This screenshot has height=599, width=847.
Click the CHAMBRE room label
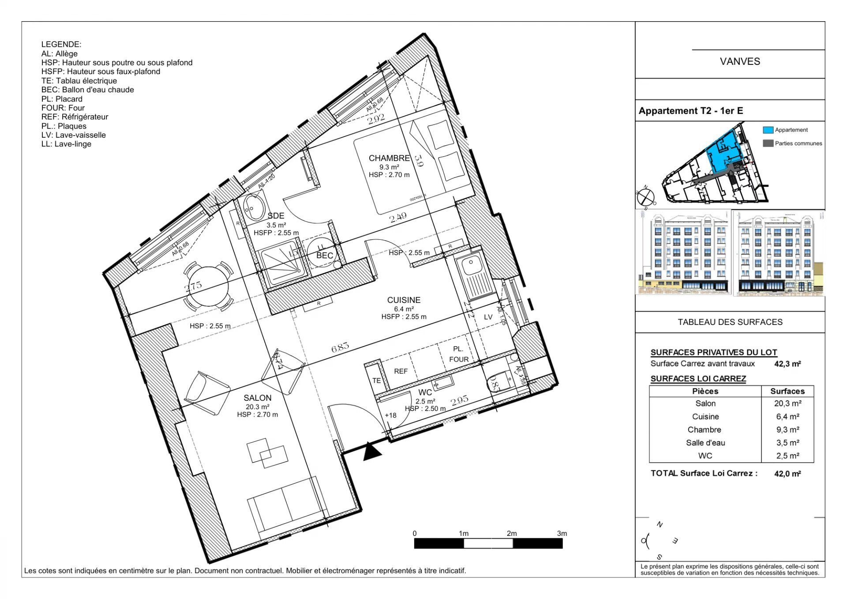(x=389, y=158)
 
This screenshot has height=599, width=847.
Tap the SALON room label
(x=257, y=398)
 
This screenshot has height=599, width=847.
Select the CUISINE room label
(x=404, y=300)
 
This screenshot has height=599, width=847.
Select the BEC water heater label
(x=325, y=256)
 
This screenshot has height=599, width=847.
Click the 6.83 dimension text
(x=340, y=347)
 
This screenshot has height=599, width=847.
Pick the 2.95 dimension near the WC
(x=459, y=400)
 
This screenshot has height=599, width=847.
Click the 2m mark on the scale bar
(x=512, y=534)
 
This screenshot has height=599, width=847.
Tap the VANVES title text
(x=740, y=61)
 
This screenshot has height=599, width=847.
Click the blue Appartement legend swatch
(x=768, y=130)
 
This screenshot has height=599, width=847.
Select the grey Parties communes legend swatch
(x=768, y=143)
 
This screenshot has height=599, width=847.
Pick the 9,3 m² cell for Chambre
(x=787, y=429)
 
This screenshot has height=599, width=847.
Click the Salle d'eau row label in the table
(x=705, y=443)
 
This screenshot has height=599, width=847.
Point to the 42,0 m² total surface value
(x=787, y=474)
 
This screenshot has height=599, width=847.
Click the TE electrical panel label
(x=376, y=380)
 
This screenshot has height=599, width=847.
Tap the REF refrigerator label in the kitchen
(x=401, y=371)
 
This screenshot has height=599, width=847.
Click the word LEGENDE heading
(x=61, y=44)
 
